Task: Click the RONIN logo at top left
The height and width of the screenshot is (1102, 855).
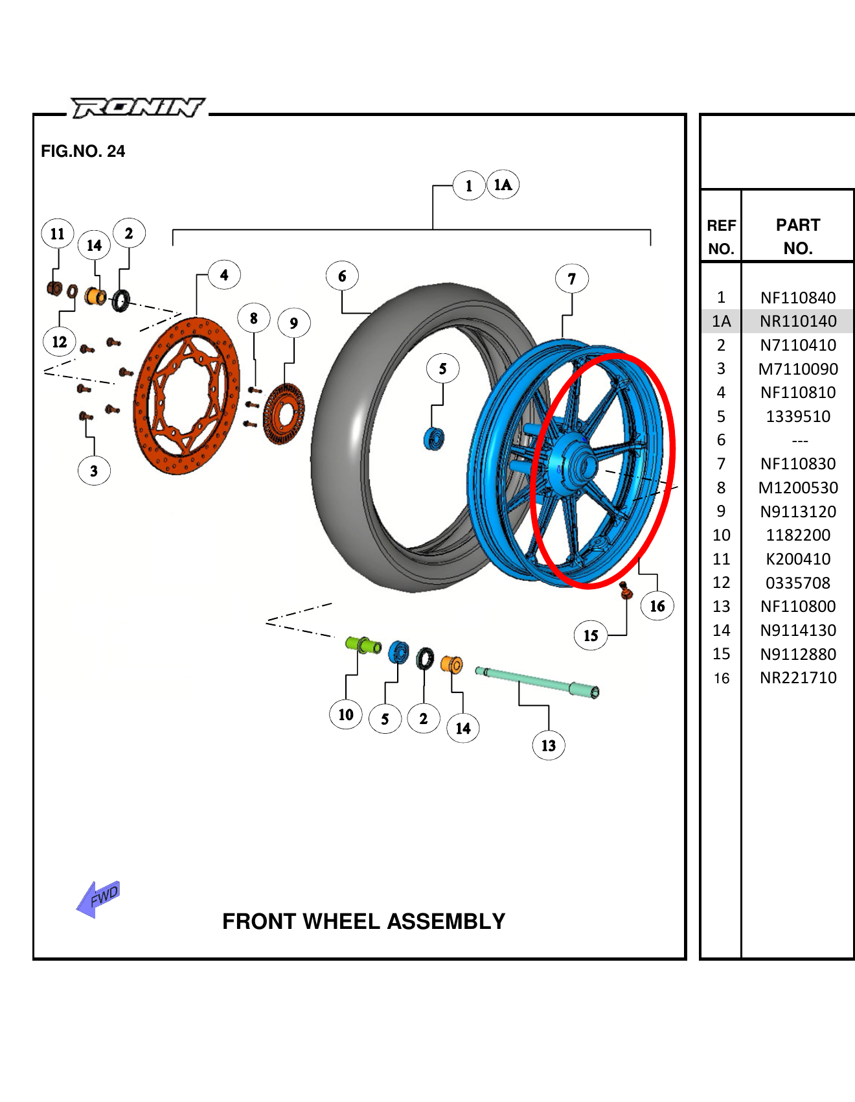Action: tap(137, 107)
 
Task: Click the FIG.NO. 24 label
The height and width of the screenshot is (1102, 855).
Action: tap(83, 151)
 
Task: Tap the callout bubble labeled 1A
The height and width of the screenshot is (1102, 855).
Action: tap(503, 185)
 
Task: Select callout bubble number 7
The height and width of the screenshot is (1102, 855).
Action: tap(571, 279)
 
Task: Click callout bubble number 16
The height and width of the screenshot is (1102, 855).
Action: tap(657, 606)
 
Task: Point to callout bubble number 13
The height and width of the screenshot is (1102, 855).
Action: tap(548, 745)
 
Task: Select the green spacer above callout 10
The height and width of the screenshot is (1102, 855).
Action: tap(363, 645)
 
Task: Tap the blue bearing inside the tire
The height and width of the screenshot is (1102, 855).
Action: tap(433, 439)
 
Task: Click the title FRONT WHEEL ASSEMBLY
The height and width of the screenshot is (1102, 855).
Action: tap(363, 921)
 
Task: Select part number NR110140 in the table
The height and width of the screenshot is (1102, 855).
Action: tap(798, 322)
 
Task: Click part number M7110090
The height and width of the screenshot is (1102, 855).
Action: tap(798, 369)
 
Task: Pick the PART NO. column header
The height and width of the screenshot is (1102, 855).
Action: tap(798, 237)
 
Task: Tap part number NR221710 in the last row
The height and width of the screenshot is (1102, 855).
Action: tap(798, 678)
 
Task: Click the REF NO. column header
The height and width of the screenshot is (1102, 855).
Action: tap(721, 237)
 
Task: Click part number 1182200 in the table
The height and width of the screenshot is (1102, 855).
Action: tap(798, 535)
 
